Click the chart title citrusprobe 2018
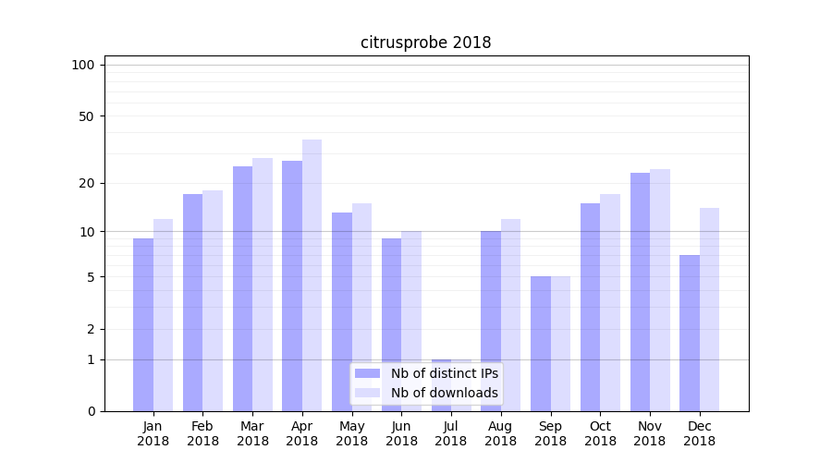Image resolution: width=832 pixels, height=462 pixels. [425, 43]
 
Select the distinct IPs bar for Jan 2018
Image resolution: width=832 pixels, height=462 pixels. [143, 324]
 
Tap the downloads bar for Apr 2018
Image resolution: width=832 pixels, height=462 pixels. [312, 275]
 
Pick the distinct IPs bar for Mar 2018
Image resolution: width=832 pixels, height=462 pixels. [242, 288]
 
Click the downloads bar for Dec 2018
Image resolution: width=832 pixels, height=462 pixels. [709, 310]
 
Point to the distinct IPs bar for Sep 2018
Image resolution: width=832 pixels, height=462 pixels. [541, 344]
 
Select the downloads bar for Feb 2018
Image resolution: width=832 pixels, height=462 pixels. [213, 300]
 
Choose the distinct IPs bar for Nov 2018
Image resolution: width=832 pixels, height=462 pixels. [640, 292]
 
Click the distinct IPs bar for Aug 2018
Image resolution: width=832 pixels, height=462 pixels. [491, 321]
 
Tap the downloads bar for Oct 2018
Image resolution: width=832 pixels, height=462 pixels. [610, 302]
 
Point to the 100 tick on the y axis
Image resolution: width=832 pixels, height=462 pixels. [83, 65]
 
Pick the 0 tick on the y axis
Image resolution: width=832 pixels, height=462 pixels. [91, 411]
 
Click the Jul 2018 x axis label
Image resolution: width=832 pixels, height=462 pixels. [451, 433]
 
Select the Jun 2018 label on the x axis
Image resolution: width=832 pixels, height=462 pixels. [401, 433]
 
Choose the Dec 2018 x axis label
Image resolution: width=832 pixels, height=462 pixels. [699, 433]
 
